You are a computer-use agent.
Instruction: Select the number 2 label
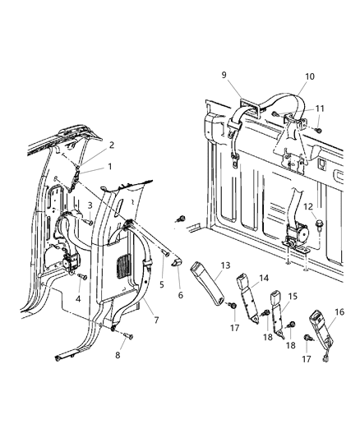(112, 145)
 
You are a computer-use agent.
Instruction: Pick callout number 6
(180, 294)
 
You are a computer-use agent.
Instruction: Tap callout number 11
(319, 108)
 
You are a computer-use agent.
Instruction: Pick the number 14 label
(265, 279)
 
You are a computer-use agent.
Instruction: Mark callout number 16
(339, 312)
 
